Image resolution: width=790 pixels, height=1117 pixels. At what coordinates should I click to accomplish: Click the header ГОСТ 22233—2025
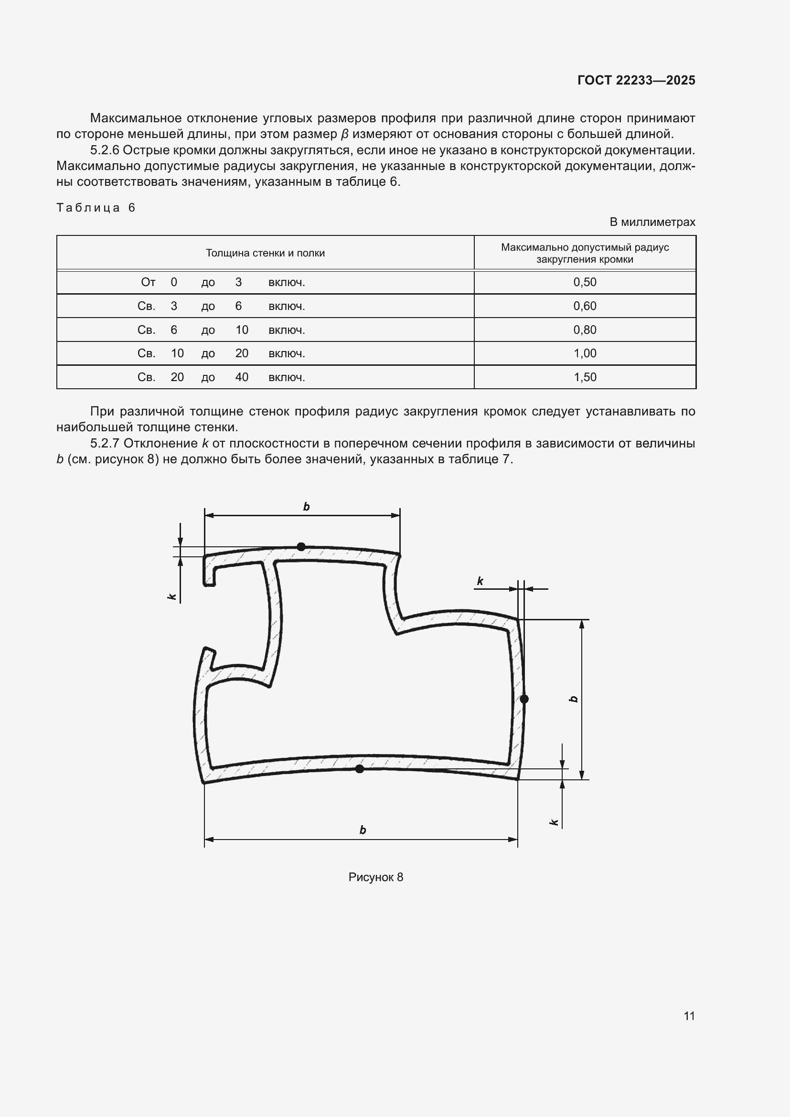636,80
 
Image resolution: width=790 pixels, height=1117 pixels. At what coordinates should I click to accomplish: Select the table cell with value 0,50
584,282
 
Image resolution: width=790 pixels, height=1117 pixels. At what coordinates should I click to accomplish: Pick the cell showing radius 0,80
584,330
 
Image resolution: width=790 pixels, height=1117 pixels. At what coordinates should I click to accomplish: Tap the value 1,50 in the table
584,377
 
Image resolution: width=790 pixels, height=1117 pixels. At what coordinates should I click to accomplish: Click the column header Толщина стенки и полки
265,253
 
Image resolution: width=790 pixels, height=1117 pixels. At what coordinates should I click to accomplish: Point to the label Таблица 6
96,208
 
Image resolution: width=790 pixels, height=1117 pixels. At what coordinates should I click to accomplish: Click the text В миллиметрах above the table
652,223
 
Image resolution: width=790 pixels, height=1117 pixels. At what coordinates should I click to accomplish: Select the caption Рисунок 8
375,877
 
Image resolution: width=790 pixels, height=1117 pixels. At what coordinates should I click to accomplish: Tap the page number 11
689,1016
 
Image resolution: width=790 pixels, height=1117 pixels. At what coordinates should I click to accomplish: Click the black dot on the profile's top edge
301,546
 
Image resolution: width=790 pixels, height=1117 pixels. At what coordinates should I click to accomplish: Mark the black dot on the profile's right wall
524,699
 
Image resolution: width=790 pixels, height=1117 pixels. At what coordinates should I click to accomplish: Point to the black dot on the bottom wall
360,769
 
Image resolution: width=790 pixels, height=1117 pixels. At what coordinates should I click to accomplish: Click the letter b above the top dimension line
307,507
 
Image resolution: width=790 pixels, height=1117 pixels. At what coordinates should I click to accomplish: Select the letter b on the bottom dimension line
363,830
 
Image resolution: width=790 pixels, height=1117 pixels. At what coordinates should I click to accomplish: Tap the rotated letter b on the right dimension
574,700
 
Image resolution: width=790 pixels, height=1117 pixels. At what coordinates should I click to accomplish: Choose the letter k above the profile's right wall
480,581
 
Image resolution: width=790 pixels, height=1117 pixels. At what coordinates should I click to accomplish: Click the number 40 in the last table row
242,377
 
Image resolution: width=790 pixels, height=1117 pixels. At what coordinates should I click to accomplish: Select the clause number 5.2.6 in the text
105,150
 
